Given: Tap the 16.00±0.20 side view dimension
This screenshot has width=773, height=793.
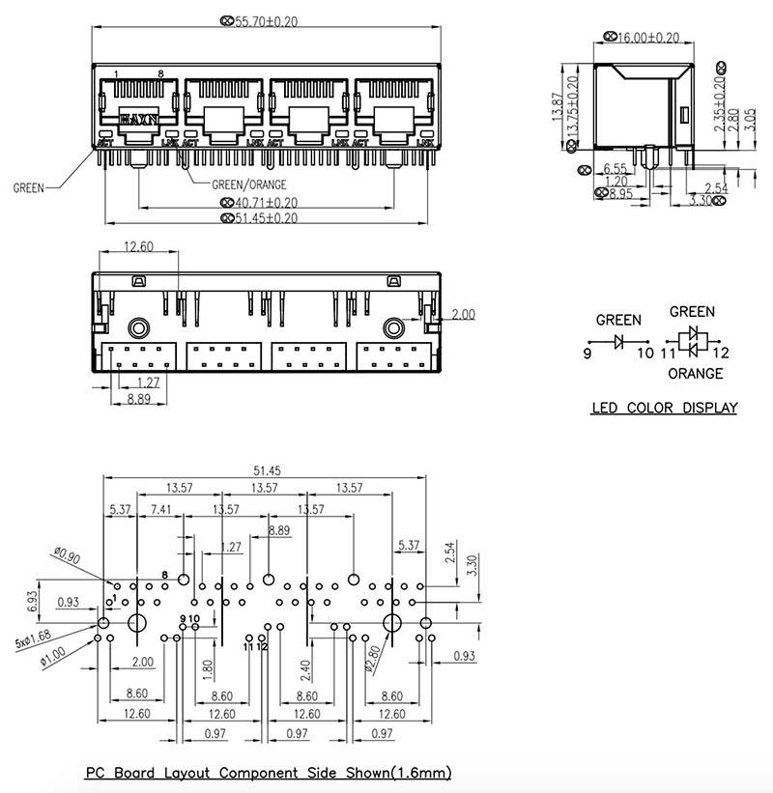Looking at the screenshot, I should click(x=647, y=38).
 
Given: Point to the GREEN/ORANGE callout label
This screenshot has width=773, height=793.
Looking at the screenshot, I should click(x=249, y=184).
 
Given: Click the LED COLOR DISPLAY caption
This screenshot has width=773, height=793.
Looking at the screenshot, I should click(x=664, y=408).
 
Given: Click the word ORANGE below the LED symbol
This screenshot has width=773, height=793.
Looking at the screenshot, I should click(x=695, y=373).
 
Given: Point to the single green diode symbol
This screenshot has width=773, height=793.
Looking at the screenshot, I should click(x=618, y=340).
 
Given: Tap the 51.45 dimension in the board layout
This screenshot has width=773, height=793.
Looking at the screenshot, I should click(x=261, y=470).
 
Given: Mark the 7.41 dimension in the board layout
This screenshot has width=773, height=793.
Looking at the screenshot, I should click(x=161, y=509).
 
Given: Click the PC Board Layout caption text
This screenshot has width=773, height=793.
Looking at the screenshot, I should click(x=268, y=773).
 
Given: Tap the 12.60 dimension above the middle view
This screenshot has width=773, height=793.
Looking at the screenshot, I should click(x=138, y=247).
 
